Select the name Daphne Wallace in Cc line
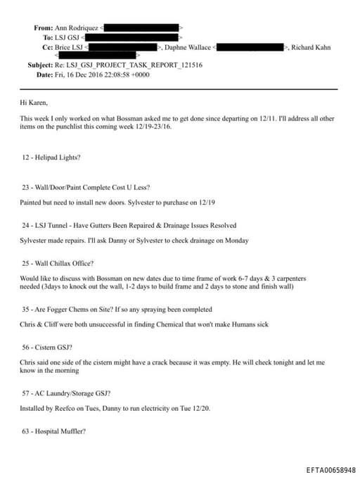pos(187,47)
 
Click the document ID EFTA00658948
pos(331,469)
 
